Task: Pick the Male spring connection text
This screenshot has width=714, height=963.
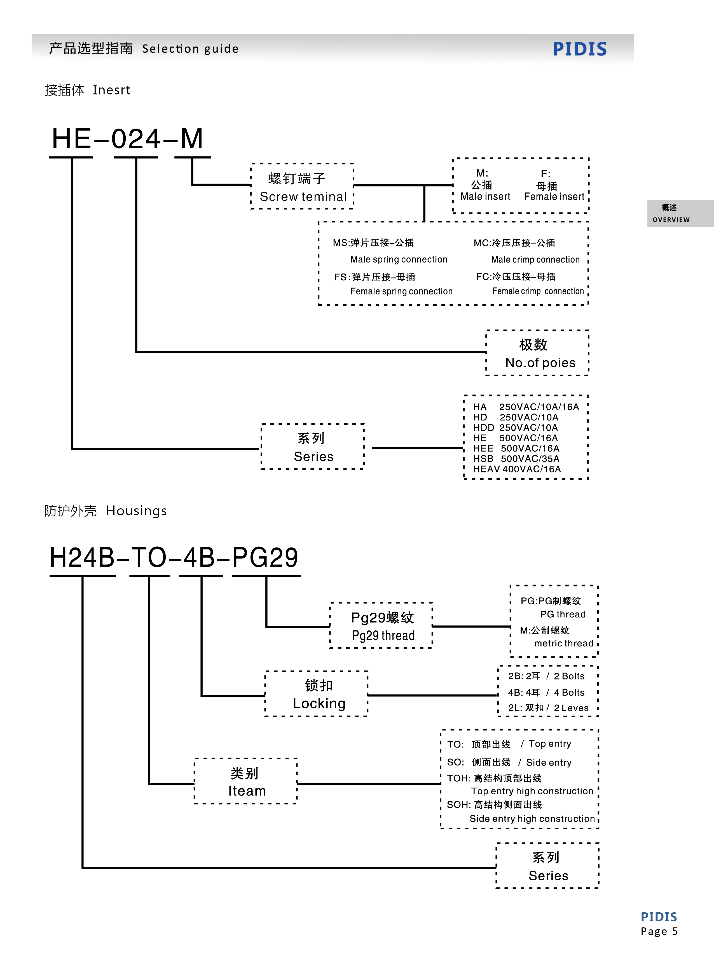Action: click(399, 259)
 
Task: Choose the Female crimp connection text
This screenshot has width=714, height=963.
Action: click(538, 291)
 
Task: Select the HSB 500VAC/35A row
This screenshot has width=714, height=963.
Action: click(516, 459)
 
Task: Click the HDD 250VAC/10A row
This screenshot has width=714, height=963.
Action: click(515, 427)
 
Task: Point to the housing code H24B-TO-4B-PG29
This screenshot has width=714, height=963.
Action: click(174, 558)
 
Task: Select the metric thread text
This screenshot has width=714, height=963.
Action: click(564, 643)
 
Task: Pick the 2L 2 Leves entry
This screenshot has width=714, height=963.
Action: click(548, 708)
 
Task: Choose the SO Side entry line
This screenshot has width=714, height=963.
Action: click(509, 762)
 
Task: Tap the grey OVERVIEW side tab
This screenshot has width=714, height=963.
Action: click(671, 213)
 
